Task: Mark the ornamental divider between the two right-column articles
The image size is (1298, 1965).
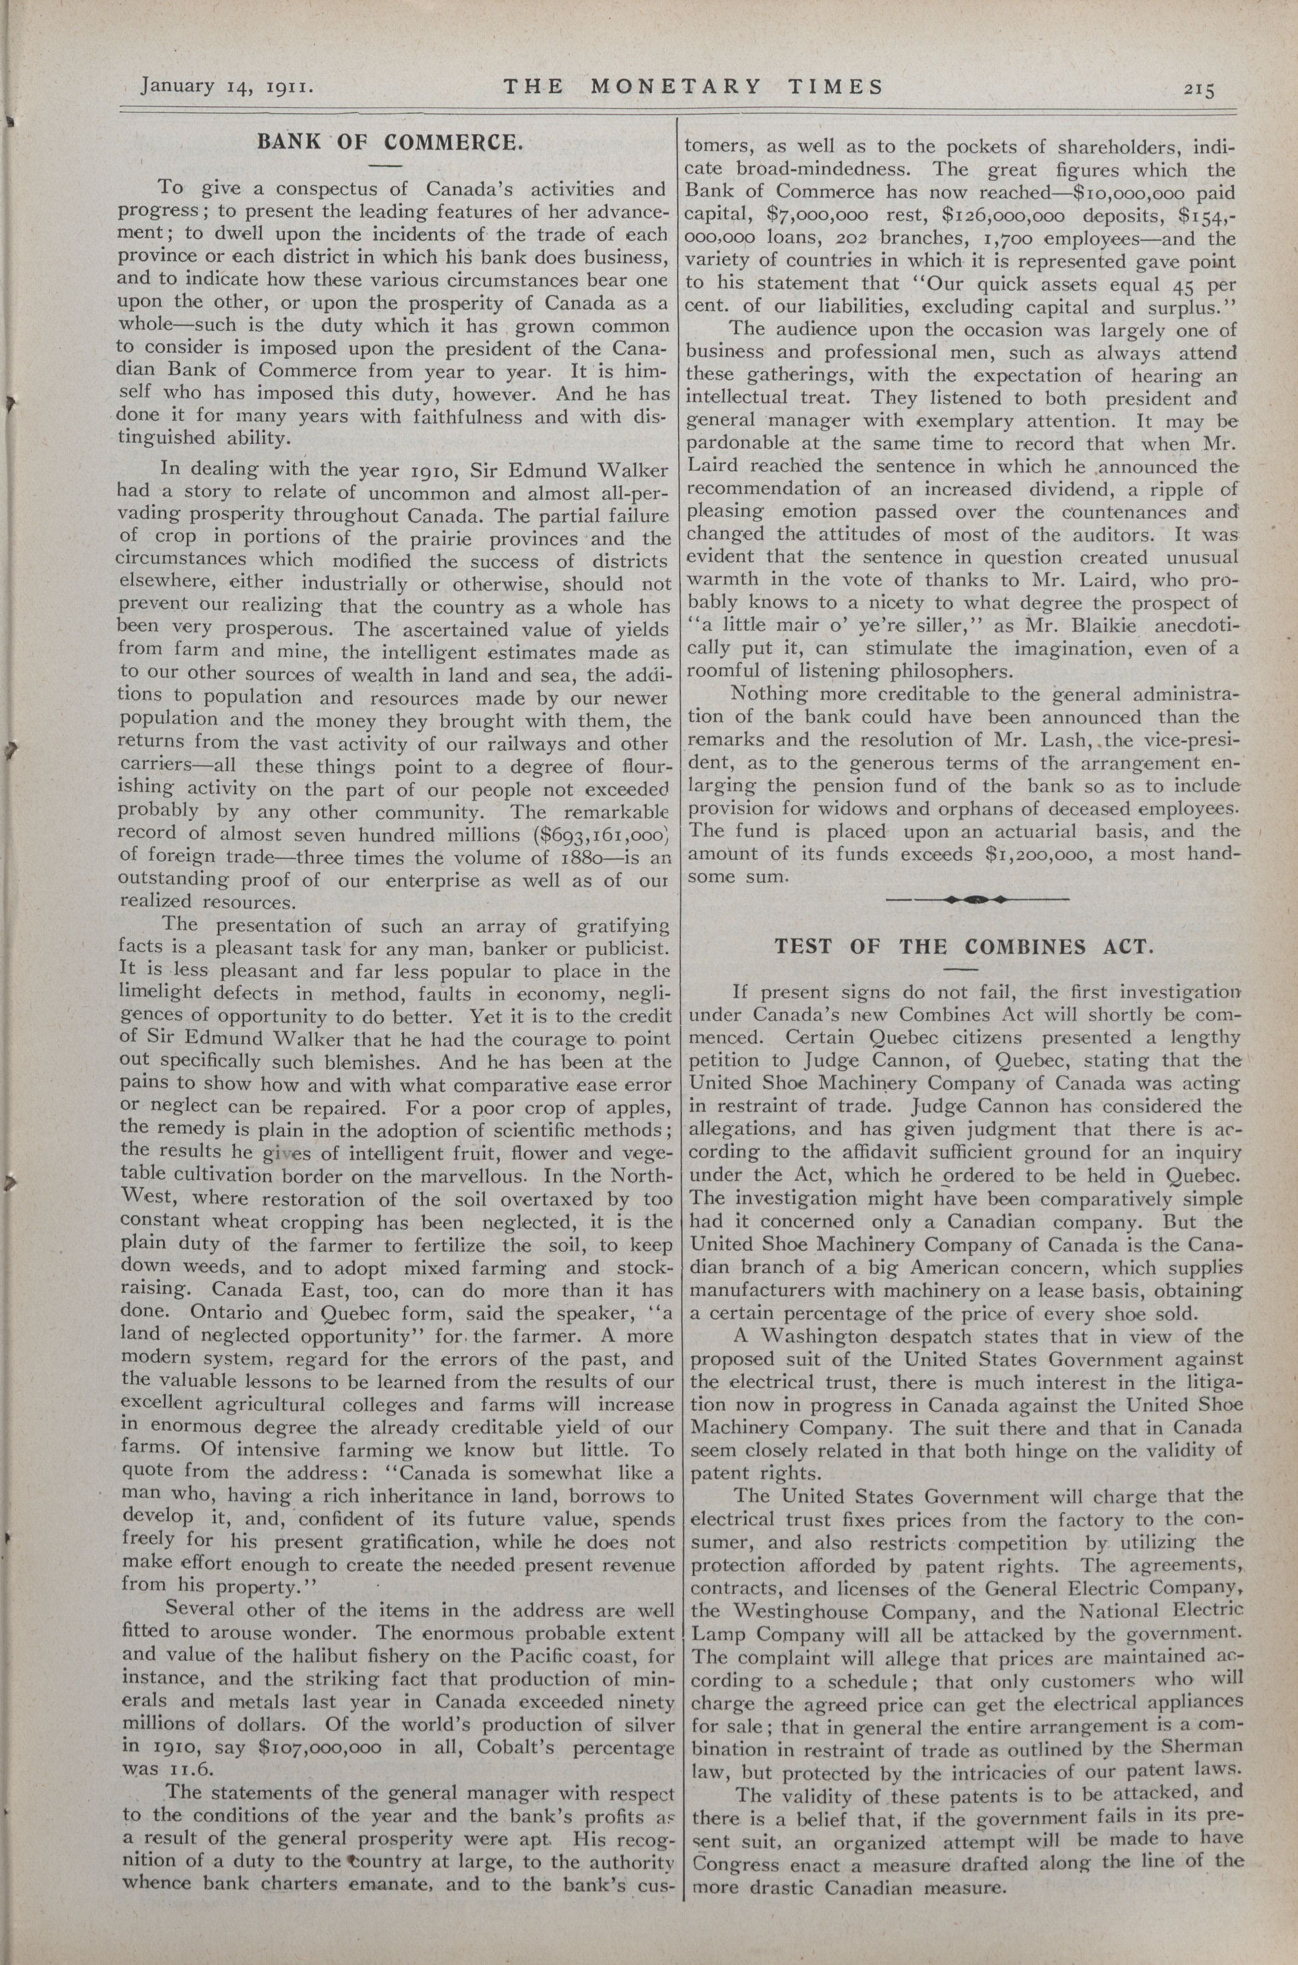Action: pyautogui.click(x=978, y=898)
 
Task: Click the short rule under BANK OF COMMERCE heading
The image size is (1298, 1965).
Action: pyautogui.click(x=384, y=166)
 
